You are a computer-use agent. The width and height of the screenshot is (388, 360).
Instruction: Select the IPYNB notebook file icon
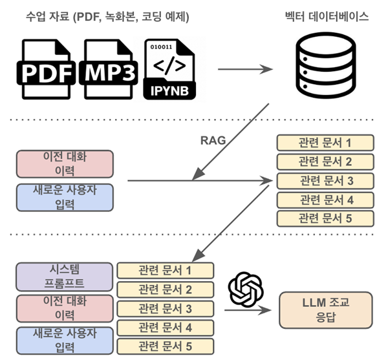(x=167, y=70)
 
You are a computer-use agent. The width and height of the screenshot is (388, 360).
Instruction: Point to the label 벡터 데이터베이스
(x=327, y=16)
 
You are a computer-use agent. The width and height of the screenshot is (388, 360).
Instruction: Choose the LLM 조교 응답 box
(x=325, y=309)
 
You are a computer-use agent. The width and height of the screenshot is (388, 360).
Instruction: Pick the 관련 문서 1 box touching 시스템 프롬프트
(x=165, y=269)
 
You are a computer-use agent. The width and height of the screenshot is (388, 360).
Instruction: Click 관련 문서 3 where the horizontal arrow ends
(x=325, y=180)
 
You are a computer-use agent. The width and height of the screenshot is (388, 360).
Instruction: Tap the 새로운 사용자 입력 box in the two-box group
(x=65, y=198)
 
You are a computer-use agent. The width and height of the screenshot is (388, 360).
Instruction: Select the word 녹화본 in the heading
(x=120, y=17)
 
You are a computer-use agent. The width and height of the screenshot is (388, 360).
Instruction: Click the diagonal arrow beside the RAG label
(x=230, y=136)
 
